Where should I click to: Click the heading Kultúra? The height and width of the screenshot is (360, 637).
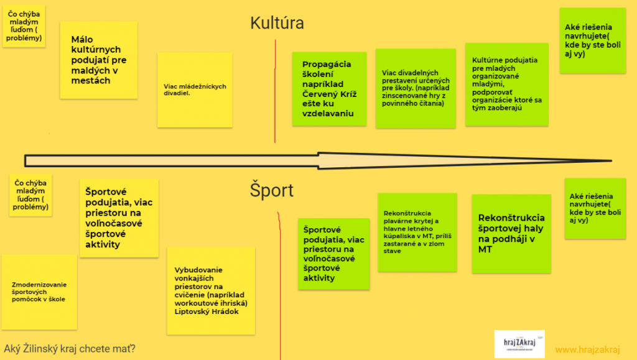[x=277, y=24]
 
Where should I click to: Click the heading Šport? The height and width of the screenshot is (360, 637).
[x=271, y=190]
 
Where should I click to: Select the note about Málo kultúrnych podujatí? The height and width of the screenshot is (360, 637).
[x=98, y=60]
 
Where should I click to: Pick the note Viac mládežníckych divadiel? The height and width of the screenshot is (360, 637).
[x=195, y=90]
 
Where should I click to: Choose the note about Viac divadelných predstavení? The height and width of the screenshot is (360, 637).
[x=415, y=88]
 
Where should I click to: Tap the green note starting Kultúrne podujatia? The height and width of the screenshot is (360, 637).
[x=507, y=84]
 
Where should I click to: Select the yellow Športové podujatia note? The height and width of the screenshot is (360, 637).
[x=119, y=218]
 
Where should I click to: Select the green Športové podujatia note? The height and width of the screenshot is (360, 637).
[x=333, y=254]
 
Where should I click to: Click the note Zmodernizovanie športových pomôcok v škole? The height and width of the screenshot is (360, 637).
[x=39, y=292]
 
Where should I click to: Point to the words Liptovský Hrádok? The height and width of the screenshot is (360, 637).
[x=207, y=312]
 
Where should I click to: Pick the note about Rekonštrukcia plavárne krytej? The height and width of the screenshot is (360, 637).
[x=417, y=231]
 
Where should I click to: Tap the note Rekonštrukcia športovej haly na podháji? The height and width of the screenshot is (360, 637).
[x=511, y=233]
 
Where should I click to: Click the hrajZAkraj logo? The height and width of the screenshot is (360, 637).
[x=519, y=344]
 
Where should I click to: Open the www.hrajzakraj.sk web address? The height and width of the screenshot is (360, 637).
[x=588, y=349]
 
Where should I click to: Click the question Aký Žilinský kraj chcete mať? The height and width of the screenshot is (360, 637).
[x=69, y=348]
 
